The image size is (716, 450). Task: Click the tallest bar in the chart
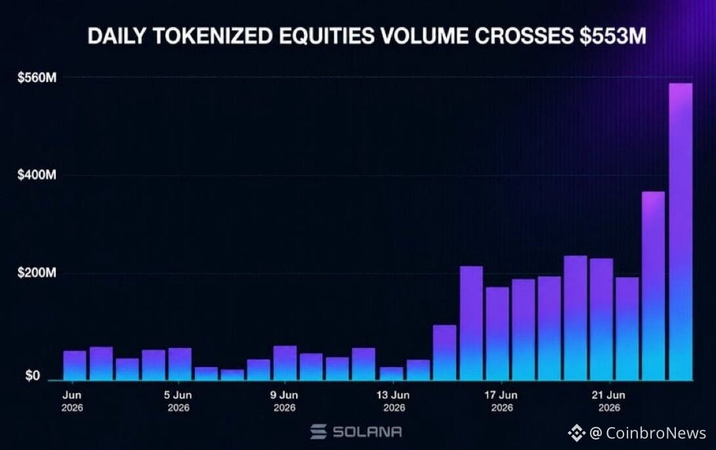tap(681, 231)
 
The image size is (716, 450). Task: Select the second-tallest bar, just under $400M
tap(653, 286)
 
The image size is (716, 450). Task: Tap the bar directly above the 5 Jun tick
tap(179, 364)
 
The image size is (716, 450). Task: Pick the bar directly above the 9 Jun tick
tap(285, 363)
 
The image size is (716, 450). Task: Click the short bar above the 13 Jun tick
tap(391, 374)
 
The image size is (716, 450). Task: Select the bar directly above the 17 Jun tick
tap(497, 333)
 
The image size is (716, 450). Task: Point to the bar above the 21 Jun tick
tap(601, 319)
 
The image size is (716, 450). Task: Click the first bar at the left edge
tap(74, 365)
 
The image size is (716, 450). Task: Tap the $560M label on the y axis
tap(37, 78)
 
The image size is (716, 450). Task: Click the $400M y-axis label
tap(37, 175)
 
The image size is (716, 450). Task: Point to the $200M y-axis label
tap(37, 273)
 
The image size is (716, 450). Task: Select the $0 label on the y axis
tap(32, 376)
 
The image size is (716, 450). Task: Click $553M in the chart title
tap(613, 36)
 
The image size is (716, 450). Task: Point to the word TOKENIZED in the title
tap(212, 36)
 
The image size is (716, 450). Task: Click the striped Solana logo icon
tap(318, 432)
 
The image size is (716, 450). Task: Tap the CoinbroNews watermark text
tap(656, 433)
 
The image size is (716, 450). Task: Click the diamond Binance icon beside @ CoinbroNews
tap(577, 433)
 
